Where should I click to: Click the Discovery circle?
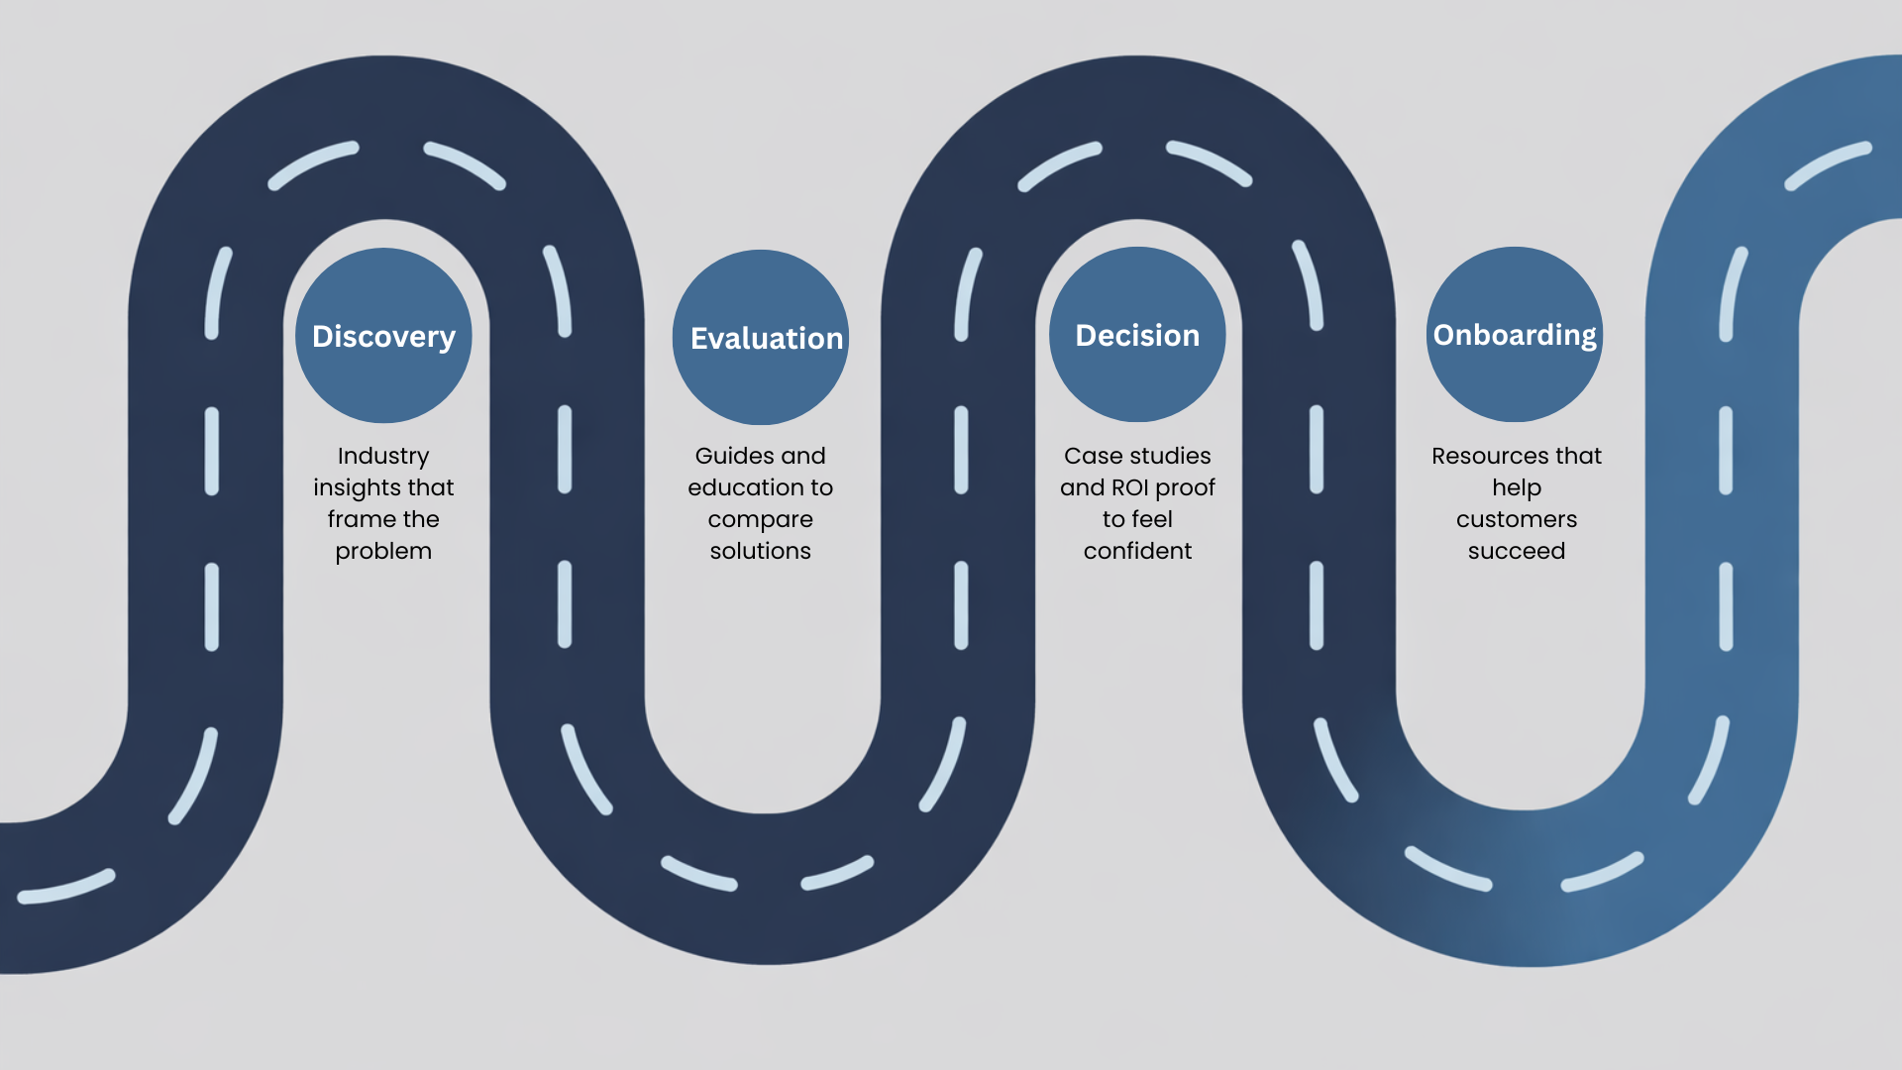[x=383, y=335]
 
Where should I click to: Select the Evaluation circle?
[x=761, y=337]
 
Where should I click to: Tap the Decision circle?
[x=1137, y=334]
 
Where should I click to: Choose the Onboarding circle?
[x=1515, y=334]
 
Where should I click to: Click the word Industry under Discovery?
[x=383, y=456]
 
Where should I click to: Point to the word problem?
[x=383, y=551]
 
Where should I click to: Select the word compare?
[x=761, y=519]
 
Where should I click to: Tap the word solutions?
[x=761, y=551]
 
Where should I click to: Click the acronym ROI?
[x=1130, y=487]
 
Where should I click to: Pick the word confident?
[x=1137, y=551]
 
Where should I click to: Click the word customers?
[x=1517, y=519]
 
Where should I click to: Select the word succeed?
[x=1517, y=551]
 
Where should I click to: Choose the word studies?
[x=1169, y=456]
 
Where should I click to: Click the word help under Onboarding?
[x=1517, y=487]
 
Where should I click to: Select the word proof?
[x=1186, y=487]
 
